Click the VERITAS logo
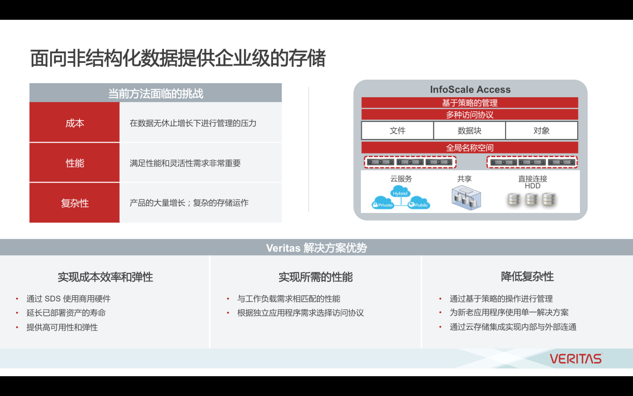(x=575, y=359)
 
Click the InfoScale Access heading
(x=470, y=90)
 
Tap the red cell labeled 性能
(x=75, y=163)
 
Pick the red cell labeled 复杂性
(x=75, y=203)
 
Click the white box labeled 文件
(x=397, y=130)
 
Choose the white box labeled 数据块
(x=469, y=130)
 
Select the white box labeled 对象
(x=541, y=130)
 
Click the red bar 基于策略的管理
(x=470, y=103)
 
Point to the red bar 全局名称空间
(x=470, y=148)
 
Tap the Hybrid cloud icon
(x=400, y=192)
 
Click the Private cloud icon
(x=383, y=203)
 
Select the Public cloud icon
(x=419, y=203)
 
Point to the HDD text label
(x=533, y=186)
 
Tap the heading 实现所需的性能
(x=316, y=277)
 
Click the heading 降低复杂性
(x=527, y=276)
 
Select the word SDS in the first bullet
(x=53, y=299)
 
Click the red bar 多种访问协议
(x=470, y=114)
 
